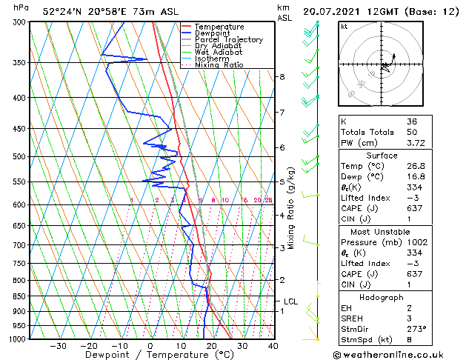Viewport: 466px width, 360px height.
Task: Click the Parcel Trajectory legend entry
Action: (226, 40)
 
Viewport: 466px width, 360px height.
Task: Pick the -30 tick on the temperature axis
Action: (58, 346)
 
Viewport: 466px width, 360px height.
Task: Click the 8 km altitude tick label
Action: (282, 77)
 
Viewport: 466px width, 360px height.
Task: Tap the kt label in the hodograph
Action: (344, 27)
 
